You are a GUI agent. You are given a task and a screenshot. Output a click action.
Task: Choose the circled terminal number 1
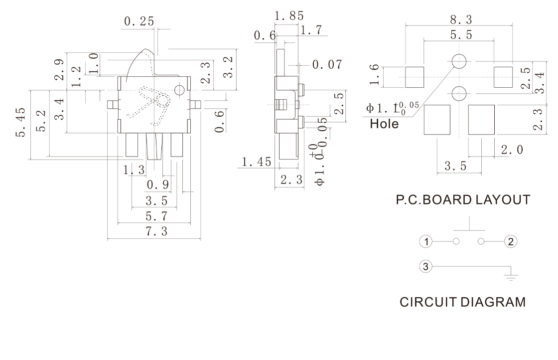coord(425,242)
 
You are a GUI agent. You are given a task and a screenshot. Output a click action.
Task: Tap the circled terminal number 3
coord(425,267)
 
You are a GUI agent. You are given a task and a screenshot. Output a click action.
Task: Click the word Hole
coord(384,124)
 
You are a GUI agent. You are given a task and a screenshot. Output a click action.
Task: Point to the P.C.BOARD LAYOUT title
coord(463,200)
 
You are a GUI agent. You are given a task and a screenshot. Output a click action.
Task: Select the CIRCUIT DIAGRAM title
coord(463,302)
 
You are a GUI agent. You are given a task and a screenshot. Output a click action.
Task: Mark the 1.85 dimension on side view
coord(289,15)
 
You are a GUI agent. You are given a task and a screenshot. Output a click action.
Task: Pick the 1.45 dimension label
coord(257,162)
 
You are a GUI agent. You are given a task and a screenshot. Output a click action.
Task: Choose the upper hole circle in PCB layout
coord(459,61)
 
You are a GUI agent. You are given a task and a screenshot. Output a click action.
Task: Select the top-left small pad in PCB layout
coord(414,77)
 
